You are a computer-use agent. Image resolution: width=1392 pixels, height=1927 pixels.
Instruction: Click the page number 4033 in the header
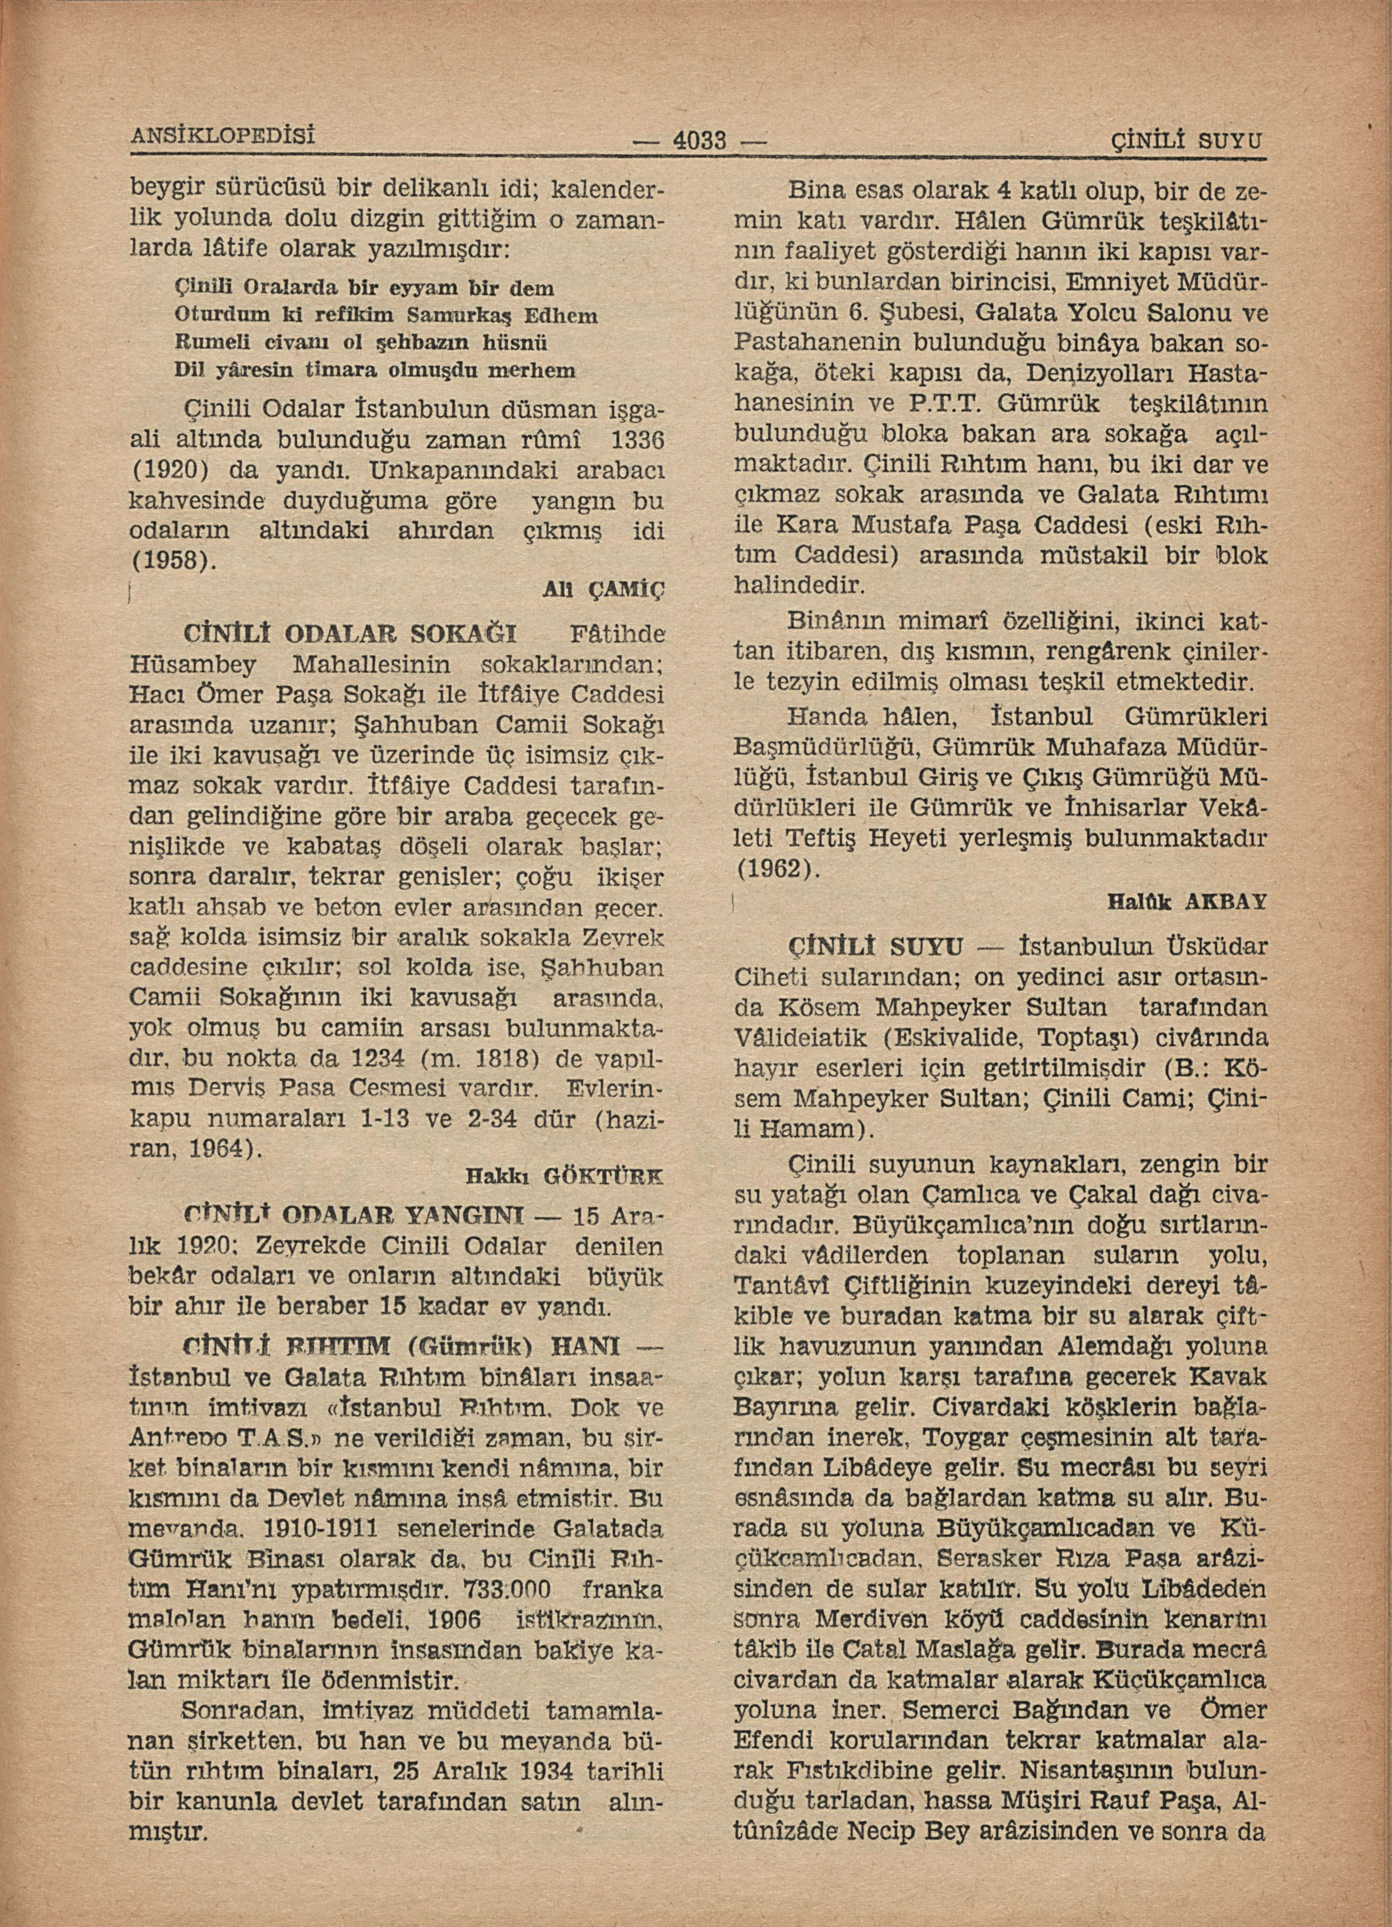(x=699, y=139)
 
